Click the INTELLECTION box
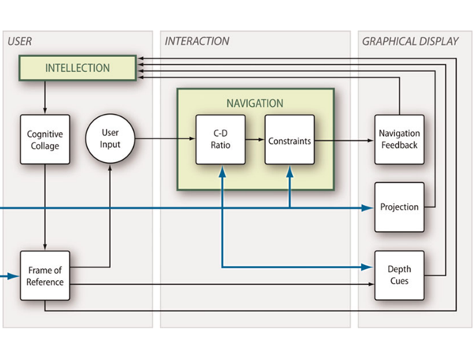click(x=77, y=68)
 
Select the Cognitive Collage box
click(x=44, y=140)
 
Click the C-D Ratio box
click(x=221, y=140)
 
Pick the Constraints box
click(x=289, y=140)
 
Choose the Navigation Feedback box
click(x=399, y=140)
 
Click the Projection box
click(x=399, y=207)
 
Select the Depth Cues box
click(x=399, y=275)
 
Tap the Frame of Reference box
click(x=44, y=275)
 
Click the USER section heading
click(x=20, y=41)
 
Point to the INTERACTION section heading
click(x=197, y=41)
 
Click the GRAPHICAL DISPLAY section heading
click(x=410, y=41)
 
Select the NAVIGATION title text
click(x=255, y=104)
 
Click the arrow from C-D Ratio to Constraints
click(x=255, y=140)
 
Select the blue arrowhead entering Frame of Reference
click(x=14, y=276)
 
